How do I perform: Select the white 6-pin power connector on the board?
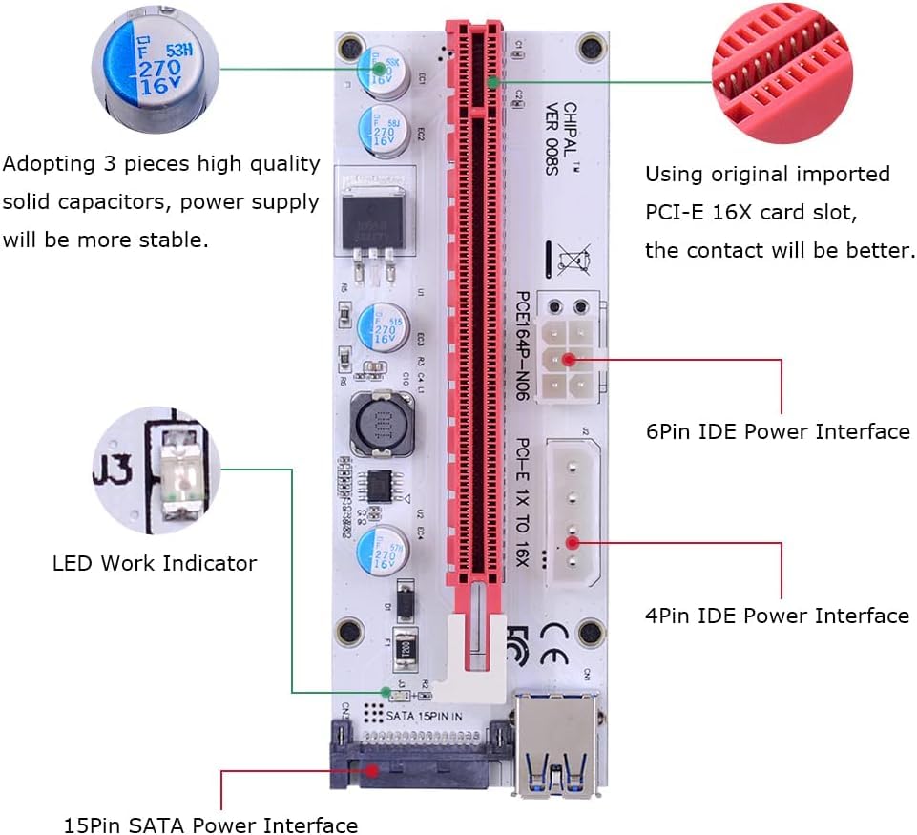pos(570,359)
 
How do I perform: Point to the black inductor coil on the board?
pos(375,422)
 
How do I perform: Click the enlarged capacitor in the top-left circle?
pos(152,70)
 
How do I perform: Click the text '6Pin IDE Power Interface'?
pos(778,431)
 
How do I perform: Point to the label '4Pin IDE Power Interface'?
pos(778,616)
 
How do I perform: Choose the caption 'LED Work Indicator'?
pos(155,563)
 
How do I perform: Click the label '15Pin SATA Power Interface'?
pos(211,825)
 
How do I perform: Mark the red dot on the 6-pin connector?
pos(570,360)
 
